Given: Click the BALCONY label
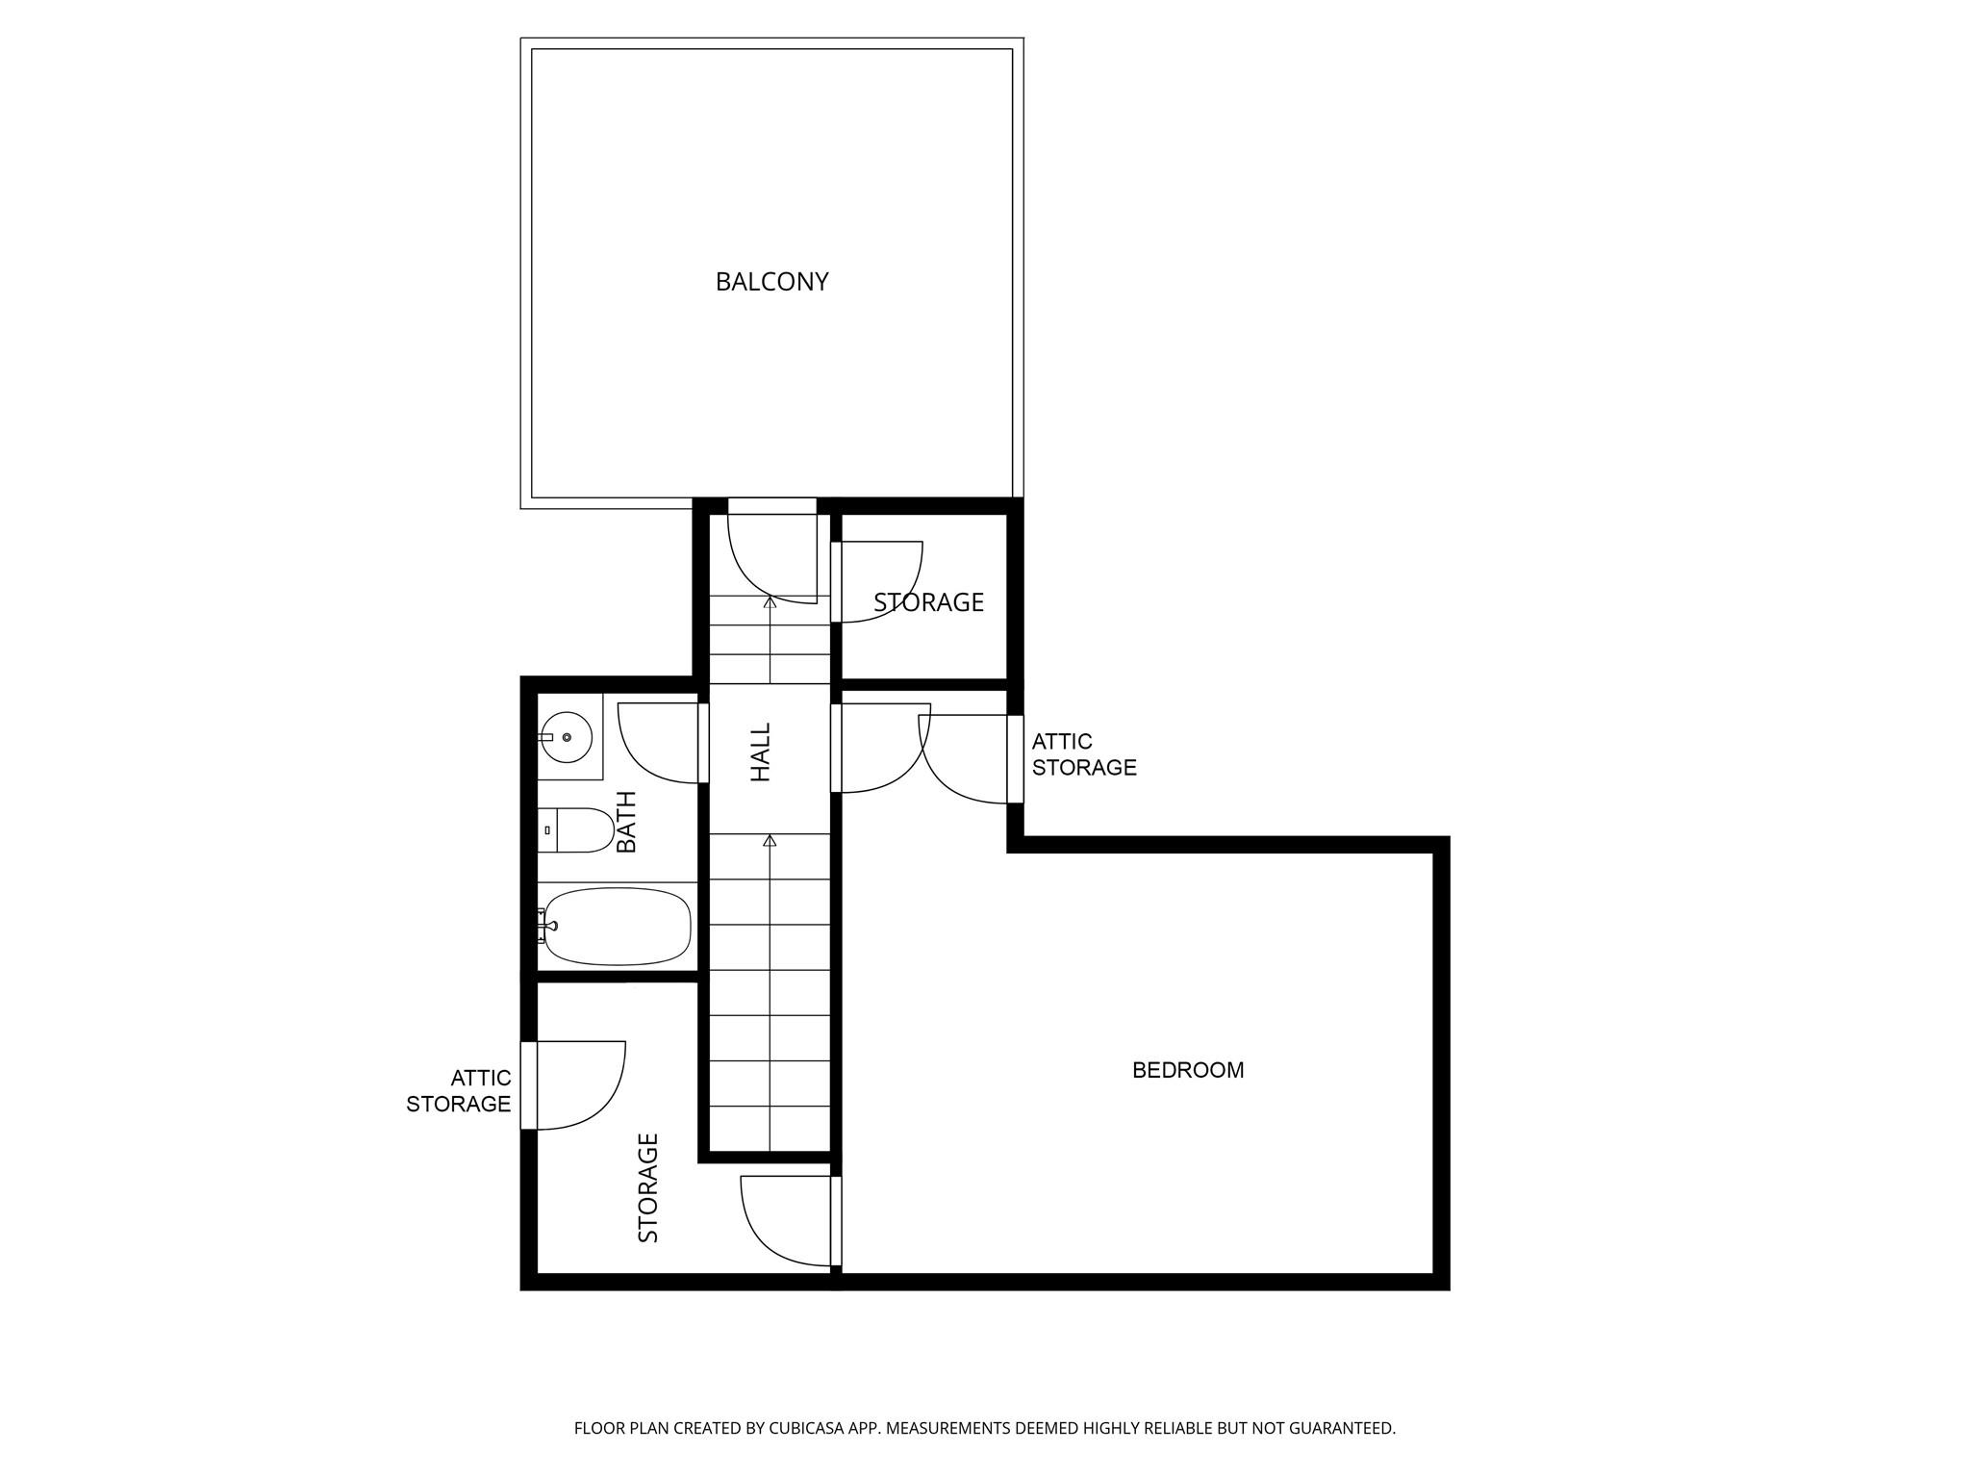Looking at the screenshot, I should pos(771,282).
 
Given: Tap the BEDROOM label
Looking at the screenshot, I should pos(1188,1070).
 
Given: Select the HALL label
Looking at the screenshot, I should pos(761,752).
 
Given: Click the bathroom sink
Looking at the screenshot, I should pos(567,737).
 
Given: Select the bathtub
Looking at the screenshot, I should pos(617,926).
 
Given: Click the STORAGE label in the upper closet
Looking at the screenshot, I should pos(928,602).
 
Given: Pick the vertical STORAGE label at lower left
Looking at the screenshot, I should pos(648,1187).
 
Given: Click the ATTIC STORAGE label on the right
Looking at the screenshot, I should pos(1083,754).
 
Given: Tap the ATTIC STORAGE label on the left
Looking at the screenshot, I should pos(459,1091).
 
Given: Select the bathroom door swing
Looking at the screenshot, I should pos(658,743).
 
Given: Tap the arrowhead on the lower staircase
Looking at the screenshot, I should pos(770,841).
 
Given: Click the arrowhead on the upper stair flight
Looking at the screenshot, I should pos(770,602).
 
